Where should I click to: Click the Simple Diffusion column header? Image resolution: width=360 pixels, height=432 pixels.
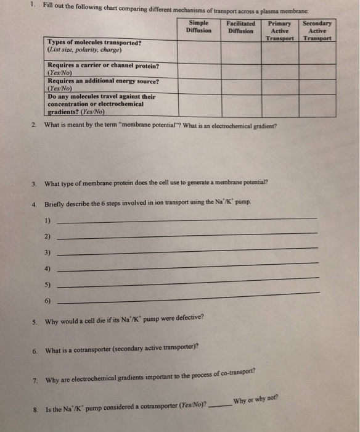198,27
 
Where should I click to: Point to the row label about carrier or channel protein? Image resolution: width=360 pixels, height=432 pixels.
103,65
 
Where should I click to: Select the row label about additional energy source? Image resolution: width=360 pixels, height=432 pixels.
103,81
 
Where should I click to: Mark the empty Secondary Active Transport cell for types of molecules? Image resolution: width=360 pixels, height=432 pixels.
318,51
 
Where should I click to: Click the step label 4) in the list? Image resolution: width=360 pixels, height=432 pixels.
47,269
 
